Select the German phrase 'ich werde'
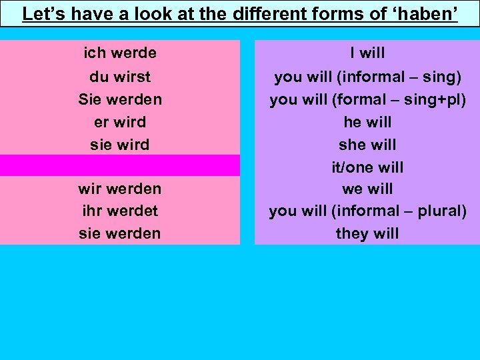pos(120,53)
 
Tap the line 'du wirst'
pos(120,77)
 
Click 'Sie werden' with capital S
pos(120,99)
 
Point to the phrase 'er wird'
pos(120,122)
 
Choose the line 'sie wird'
pos(120,145)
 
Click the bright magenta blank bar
pos(120,165)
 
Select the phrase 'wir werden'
pos(120,189)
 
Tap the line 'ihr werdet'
pos(120,211)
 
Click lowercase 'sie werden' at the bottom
pos(120,233)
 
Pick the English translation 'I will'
pos(367,53)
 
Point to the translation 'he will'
pos(367,122)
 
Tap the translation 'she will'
pos(367,145)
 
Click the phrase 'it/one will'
pos(367,167)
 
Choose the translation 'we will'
pos(367,189)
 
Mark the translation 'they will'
pos(367,233)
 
